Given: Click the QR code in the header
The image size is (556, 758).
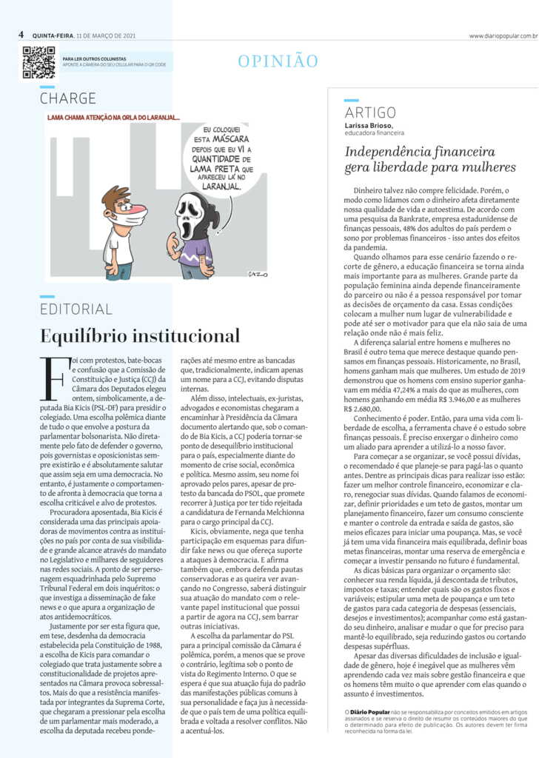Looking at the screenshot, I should point(38,62).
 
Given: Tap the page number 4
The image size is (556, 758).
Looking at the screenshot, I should point(21,34).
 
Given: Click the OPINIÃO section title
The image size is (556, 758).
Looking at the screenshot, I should point(278,61).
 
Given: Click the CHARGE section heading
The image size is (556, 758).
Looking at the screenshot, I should point(68,98).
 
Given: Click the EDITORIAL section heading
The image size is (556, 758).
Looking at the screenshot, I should point(76,309).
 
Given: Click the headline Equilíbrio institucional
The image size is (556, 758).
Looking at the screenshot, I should point(140,335).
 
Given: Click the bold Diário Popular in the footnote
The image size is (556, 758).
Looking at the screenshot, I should point(369,711).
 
